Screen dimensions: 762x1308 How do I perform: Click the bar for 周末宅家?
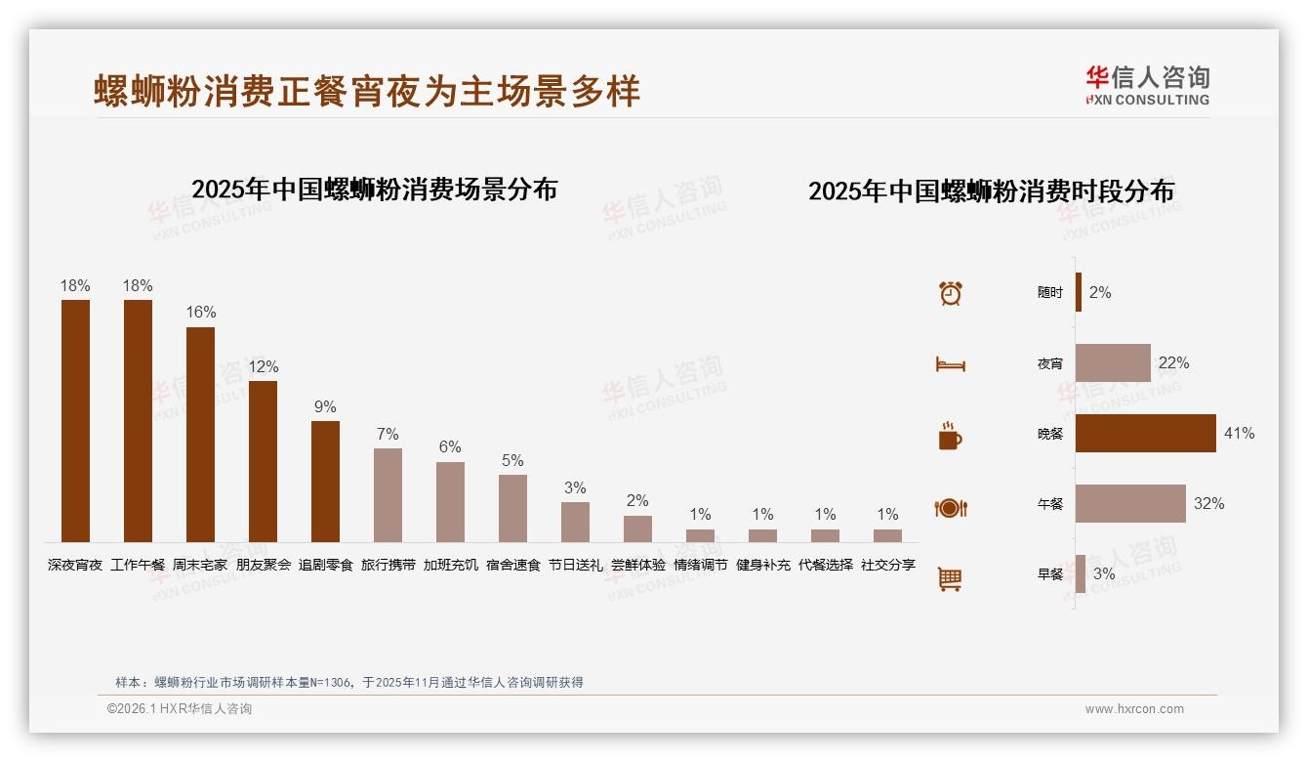pyautogui.click(x=200, y=435)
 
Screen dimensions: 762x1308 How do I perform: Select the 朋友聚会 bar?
pyautogui.click(x=263, y=461)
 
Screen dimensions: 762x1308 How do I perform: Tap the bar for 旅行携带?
pyautogui.click(x=388, y=495)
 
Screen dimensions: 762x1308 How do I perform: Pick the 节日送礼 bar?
pyautogui.click(x=575, y=522)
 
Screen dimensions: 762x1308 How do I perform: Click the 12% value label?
pyautogui.click(x=263, y=367)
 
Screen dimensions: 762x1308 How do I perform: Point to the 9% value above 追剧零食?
pyautogui.click(x=325, y=407)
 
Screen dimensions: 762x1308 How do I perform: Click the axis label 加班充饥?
pyautogui.click(x=450, y=565)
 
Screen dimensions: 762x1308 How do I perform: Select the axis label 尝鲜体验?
pyautogui.click(x=637, y=565)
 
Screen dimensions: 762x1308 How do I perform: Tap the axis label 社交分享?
pyautogui.click(x=887, y=565)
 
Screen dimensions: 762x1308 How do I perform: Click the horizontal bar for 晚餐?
pyautogui.click(x=1146, y=433)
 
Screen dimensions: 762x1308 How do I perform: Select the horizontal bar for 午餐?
pyautogui.click(x=1130, y=503)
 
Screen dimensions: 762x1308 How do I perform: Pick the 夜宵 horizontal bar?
pyautogui.click(x=1113, y=362)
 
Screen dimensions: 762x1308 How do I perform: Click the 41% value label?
pyautogui.click(x=1239, y=433)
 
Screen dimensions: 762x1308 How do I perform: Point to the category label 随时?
pyautogui.click(x=1050, y=293)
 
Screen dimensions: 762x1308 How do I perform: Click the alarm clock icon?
pyautogui.click(x=950, y=293)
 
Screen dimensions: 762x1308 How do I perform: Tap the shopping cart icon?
pyautogui.click(x=950, y=578)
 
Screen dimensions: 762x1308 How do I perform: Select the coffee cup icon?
pyautogui.click(x=950, y=436)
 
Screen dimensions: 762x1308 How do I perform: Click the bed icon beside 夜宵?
pyautogui.click(x=950, y=364)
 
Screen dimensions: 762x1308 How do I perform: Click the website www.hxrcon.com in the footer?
pyautogui.click(x=1134, y=709)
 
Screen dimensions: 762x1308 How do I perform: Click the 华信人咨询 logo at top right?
pyautogui.click(x=1147, y=85)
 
